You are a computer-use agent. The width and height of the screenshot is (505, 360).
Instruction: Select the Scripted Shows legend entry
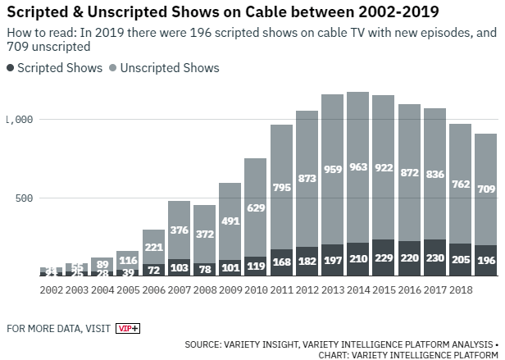(55, 68)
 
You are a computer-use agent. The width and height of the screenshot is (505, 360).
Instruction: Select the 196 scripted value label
(485, 261)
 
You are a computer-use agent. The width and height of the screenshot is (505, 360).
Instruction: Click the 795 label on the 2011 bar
(281, 189)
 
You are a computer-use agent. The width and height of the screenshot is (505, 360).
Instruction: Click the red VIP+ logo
(128, 328)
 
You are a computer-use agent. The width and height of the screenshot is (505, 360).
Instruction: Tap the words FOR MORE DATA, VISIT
(57, 329)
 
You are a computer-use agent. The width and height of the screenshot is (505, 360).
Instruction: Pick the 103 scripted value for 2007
(179, 268)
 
